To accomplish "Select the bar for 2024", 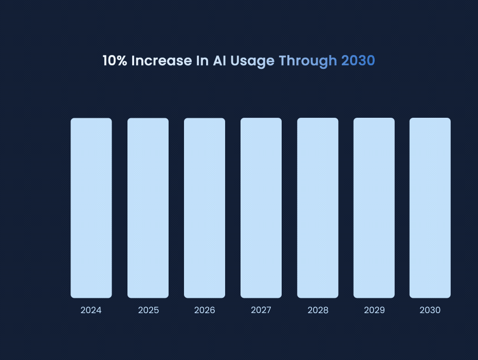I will point(91,208).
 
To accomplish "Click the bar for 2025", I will point(148,208).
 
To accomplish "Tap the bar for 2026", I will point(205,208).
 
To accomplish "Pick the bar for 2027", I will point(261,208).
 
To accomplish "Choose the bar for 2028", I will point(318,208).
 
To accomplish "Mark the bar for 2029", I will point(374,208).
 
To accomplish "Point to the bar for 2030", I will point(430,208).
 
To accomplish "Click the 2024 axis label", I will point(91,311).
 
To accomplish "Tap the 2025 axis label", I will point(148,311).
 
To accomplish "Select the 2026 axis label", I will point(205,311).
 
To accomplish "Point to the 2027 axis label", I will point(261,311).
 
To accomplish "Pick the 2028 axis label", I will point(318,311).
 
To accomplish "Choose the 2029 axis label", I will point(374,311).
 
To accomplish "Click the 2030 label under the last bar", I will point(430,311).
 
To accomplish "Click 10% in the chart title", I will point(115,61).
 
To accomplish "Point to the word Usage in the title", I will point(252,61).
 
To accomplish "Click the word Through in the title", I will point(307,61).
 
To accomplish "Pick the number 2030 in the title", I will point(358,61).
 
